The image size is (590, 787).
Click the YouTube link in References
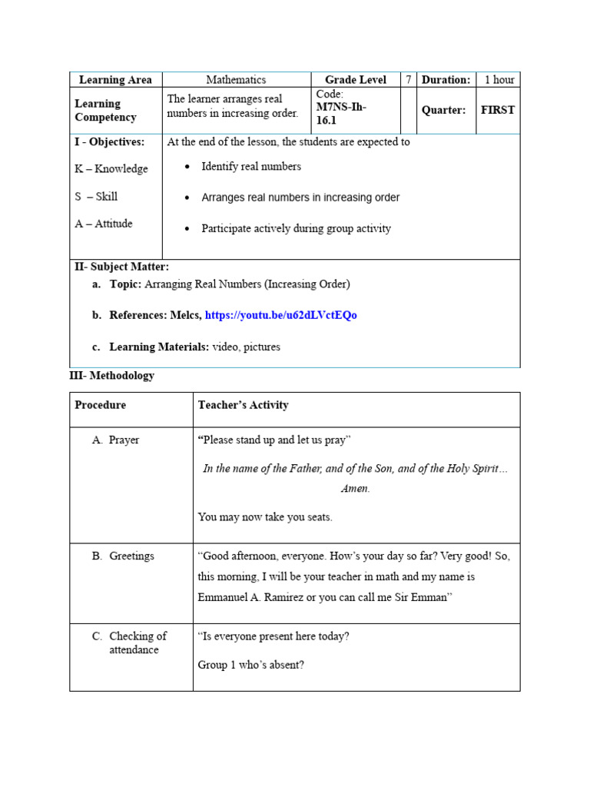coord(280,315)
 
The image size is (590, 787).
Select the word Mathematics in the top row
coord(236,80)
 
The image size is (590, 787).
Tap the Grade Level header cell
coord(356,80)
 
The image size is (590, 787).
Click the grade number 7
coord(408,80)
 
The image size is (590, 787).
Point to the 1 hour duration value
coord(499,80)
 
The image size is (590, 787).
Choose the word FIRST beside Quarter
coord(498,110)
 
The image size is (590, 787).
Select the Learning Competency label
coord(105,110)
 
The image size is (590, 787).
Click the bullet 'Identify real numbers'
coord(250,166)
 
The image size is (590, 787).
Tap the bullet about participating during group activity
coord(296,228)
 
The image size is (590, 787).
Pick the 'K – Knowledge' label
coord(111,169)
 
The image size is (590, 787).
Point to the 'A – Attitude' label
coord(104,224)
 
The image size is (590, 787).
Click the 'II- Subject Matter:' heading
coord(121,267)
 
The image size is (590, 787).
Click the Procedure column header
coord(100,405)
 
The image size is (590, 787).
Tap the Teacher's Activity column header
coord(243,405)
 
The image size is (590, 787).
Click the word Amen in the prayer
coord(355,489)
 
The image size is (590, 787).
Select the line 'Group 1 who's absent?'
coord(250,665)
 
